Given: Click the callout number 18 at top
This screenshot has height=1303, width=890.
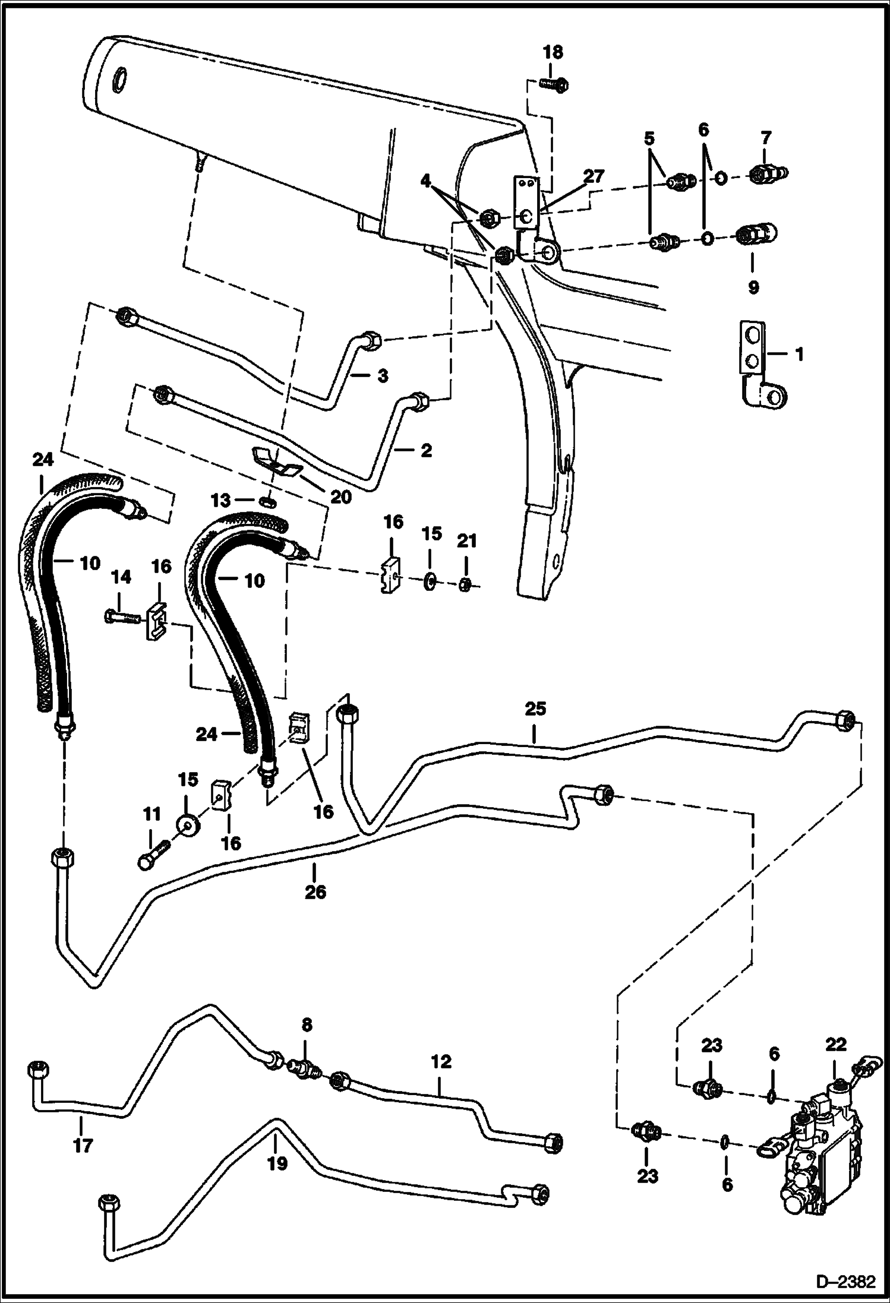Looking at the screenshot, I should pos(553,52).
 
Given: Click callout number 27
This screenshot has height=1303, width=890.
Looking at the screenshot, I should pos(594,176).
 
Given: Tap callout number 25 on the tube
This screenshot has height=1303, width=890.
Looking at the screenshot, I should pos(535,709).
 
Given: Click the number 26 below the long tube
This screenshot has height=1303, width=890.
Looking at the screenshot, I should pos(315,891).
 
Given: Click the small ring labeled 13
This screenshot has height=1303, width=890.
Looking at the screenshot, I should pos(268,503).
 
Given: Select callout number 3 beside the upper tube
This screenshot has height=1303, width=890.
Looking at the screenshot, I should pos(383,375).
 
